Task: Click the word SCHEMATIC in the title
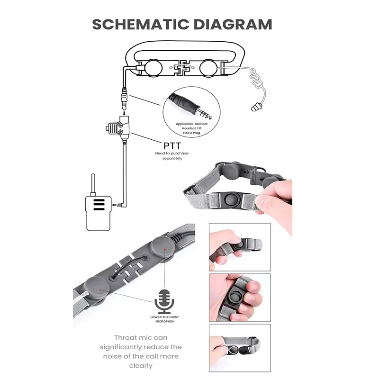pos(140,25)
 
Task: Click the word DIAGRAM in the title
pos(233,25)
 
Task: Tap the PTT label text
pos(172,146)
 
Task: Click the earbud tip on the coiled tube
pos(256,107)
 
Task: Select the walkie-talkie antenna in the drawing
pos(93,184)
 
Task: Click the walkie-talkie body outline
pos(99,213)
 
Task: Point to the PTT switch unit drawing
pos(118,128)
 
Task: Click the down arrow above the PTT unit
pos(124,113)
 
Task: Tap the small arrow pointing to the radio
pos(114,205)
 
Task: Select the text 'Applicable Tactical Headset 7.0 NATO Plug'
pos(191,128)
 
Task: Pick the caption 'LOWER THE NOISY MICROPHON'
pos(164,319)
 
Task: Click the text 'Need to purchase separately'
pos(172,156)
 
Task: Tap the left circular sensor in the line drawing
pos(153,68)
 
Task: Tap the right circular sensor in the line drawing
pos(208,68)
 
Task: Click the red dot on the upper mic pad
pos(165,249)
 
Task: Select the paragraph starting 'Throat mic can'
pos(141,352)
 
